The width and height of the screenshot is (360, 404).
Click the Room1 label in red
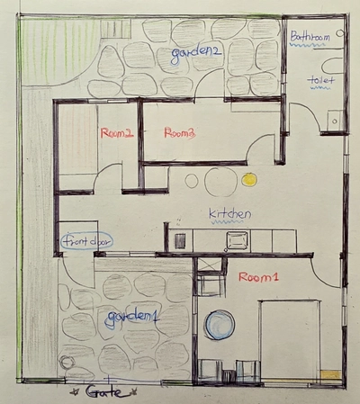259,279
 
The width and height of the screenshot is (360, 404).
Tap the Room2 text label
117,134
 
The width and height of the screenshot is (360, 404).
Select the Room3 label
180,134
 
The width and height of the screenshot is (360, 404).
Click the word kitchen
229,214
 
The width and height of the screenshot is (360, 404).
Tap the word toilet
321,81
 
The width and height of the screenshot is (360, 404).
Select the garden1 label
132,318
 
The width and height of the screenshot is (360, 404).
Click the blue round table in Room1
220,324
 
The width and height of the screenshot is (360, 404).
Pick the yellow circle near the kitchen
250,180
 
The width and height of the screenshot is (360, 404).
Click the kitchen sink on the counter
238,239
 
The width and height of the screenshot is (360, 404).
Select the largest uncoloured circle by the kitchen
219,182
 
